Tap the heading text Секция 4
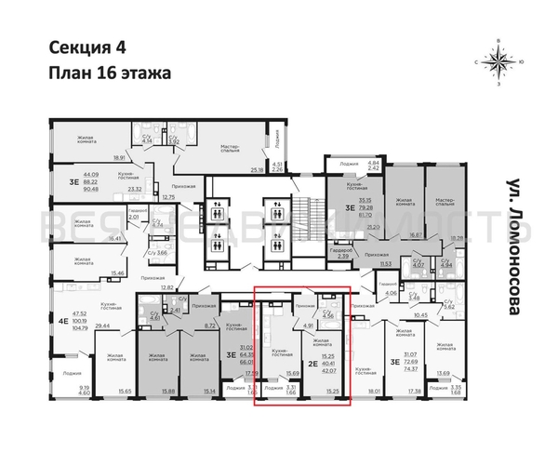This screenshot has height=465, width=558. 81,49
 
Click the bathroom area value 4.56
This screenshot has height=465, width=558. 327,316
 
